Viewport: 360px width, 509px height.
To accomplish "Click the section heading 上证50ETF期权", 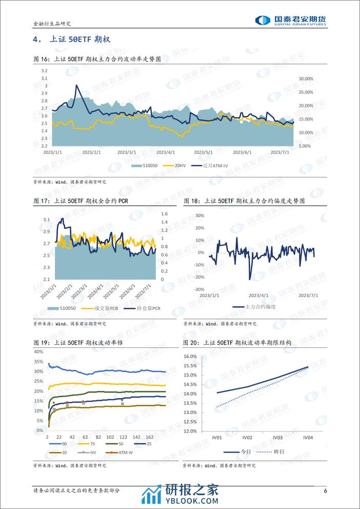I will [x=72, y=40].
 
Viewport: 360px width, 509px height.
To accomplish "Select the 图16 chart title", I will [x=97, y=60].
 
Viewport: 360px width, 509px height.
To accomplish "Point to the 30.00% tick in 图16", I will [x=306, y=79].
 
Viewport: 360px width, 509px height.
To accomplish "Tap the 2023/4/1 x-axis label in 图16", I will [x=166, y=152].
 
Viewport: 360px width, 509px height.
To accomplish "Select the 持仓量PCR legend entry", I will [x=149, y=308].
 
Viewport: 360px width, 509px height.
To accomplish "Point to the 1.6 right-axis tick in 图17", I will [x=165, y=214].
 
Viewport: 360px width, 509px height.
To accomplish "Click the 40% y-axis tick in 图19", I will [x=38, y=351].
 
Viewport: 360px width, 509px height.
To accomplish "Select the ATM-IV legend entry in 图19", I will [x=120, y=453].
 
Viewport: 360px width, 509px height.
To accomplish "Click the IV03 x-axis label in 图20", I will [x=277, y=438].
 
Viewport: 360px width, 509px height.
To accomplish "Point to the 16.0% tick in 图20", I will [x=190, y=356].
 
